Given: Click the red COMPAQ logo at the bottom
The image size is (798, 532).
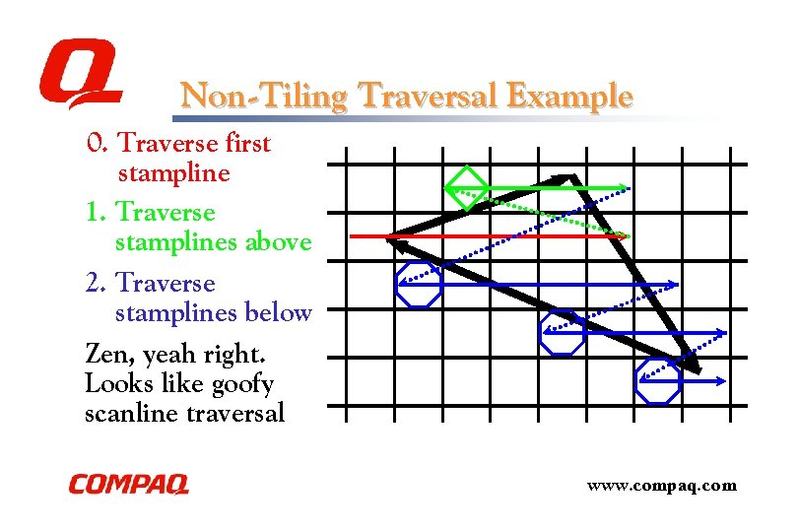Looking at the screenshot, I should (x=128, y=485).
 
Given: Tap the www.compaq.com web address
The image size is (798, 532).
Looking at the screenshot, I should (x=661, y=485).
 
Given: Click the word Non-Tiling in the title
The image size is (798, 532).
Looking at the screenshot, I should (x=264, y=97).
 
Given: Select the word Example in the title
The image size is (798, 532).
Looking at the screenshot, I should (x=571, y=97).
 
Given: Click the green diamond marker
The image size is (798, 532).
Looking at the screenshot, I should (x=465, y=187).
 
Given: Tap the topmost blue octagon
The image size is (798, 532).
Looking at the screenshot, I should (x=419, y=285).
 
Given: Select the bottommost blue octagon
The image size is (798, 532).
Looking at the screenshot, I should (x=657, y=380).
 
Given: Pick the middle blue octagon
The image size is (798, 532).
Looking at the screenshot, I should (x=563, y=333).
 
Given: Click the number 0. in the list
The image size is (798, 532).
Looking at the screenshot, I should (x=97, y=144).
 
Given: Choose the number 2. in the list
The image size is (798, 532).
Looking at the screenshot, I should (x=96, y=284).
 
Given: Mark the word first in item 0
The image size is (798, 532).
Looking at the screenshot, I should (x=247, y=144).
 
